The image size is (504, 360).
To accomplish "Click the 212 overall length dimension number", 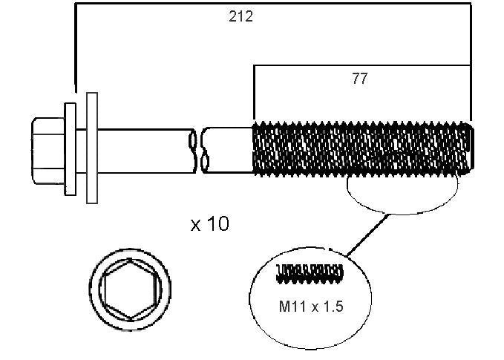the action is [x=240, y=16].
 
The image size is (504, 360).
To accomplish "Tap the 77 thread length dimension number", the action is [x=359, y=79].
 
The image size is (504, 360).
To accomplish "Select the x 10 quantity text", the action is [x=210, y=223].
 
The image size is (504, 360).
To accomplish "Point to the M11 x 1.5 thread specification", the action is [x=311, y=307].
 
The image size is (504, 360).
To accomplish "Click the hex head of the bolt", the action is [x=48, y=151].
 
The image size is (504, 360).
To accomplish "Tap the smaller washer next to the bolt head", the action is [x=71, y=149].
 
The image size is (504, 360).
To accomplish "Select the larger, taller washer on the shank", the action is [x=92, y=148].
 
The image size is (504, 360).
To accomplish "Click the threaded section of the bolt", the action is [x=361, y=148].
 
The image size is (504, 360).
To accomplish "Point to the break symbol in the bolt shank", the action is [x=199, y=151].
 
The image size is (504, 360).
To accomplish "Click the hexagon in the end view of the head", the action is [x=130, y=289].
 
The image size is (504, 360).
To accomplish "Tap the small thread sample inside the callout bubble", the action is [x=310, y=274].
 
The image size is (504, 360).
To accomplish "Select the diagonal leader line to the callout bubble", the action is [x=367, y=235].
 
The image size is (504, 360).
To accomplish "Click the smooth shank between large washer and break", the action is [x=145, y=151].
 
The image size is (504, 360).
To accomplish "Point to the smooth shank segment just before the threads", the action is [x=229, y=150].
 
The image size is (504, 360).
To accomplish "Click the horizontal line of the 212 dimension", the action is [x=273, y=4].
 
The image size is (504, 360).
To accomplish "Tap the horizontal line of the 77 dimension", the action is [x=362, y=65].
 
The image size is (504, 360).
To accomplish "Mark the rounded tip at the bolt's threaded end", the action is [x=471, y=148].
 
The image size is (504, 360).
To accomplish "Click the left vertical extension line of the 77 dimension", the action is [x=254, y=93].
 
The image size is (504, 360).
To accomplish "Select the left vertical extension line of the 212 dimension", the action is [x=76, y=48].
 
